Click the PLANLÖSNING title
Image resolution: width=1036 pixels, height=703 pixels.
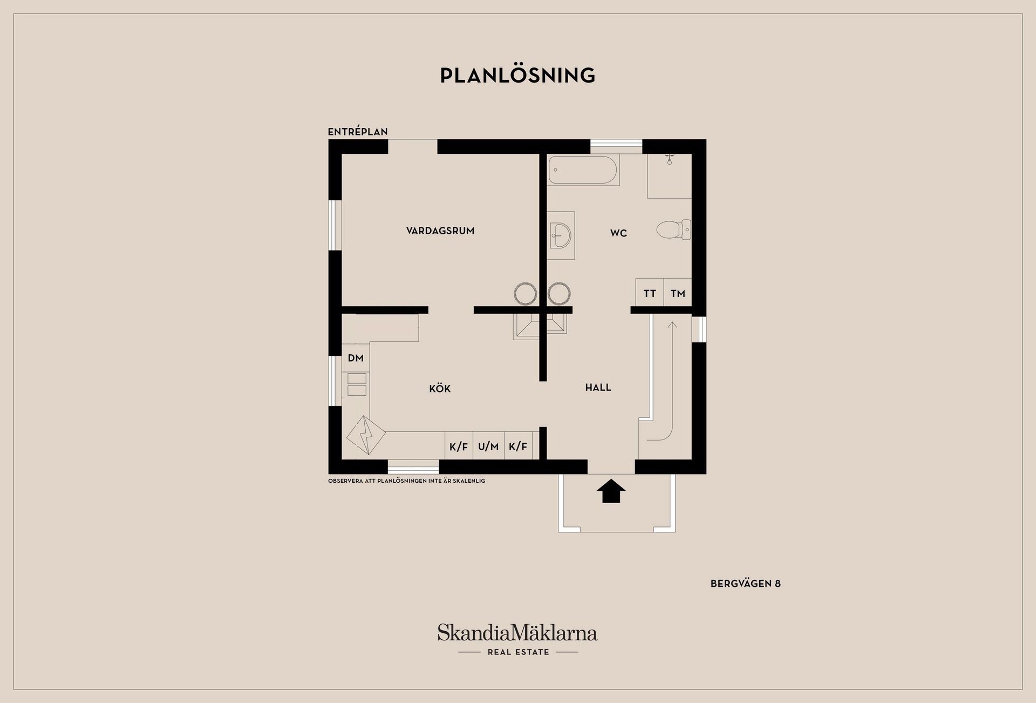point(517,76)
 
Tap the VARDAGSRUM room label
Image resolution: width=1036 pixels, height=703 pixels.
point(440,231)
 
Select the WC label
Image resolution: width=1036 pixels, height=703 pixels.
point(618,233)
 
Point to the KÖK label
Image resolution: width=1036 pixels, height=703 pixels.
point(440,389)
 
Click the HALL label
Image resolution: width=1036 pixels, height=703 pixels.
point(598,388)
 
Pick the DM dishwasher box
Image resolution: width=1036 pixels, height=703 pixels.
point(356,358)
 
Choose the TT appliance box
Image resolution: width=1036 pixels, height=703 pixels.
point(650,293)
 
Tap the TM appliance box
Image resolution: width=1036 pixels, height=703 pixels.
point(678,293)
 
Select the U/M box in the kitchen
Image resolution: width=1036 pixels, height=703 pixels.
point(488,447)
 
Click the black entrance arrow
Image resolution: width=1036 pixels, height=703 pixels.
point(611,491)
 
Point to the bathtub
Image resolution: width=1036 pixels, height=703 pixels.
point(583,170)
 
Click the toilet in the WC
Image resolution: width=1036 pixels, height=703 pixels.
point(672,230)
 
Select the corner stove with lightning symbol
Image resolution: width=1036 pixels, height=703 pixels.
point(366,435)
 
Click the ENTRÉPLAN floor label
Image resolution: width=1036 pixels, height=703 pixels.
point(358,132)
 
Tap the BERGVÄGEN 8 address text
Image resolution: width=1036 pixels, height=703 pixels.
point(745,584)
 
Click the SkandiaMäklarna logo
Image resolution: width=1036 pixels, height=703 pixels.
point(517,633)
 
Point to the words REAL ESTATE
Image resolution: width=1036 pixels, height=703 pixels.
point(518,652)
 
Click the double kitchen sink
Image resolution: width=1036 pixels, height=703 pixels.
point(357,384)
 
